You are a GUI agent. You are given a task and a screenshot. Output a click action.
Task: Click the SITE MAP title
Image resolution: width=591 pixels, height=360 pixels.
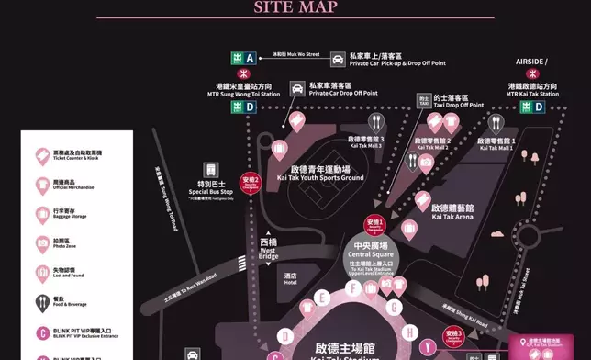295,8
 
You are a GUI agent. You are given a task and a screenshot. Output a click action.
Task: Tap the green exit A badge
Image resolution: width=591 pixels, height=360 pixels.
249,58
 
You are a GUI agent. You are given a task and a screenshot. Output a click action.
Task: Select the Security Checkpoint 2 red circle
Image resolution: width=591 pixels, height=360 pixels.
251,182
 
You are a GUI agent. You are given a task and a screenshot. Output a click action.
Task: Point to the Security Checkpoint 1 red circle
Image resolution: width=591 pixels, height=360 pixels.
375,225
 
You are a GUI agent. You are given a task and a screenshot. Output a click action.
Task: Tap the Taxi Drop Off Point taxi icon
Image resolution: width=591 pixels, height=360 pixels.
423,100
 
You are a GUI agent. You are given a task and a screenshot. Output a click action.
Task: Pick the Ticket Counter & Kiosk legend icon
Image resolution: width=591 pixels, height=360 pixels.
43,154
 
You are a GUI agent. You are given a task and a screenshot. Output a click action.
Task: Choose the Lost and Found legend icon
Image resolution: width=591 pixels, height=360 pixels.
43,273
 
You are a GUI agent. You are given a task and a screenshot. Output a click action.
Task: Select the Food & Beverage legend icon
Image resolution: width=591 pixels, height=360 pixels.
43,302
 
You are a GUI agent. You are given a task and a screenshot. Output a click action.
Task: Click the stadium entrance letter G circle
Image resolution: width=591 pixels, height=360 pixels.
395,308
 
